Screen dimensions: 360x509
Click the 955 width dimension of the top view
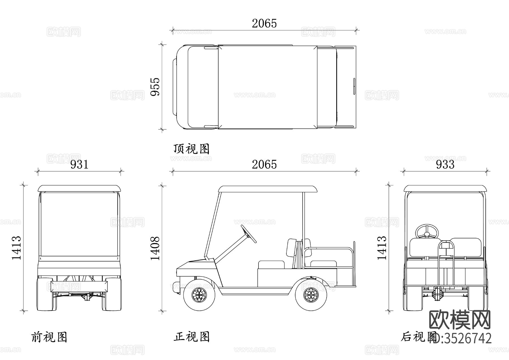(155, 87)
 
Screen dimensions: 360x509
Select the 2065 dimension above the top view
(264, 23)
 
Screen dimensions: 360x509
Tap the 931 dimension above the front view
(79, 164)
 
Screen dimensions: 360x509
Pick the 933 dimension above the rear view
(445, 164)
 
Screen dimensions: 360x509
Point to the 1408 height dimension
(155, 248)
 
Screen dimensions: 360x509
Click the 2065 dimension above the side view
(264, 164)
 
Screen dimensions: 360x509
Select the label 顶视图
(191, 149)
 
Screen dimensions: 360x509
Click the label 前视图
(49, 337)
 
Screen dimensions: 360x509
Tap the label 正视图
(191, 337)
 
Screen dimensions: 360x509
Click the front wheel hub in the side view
(199, 295)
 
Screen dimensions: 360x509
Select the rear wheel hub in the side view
(311, 295)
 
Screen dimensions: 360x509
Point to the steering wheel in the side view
(249, 234)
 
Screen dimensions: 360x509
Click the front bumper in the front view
(79, 286)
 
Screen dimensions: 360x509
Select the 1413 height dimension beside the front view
(16, 248)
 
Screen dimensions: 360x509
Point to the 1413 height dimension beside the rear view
(382, 248)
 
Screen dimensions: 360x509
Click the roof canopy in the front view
(79, 188)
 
